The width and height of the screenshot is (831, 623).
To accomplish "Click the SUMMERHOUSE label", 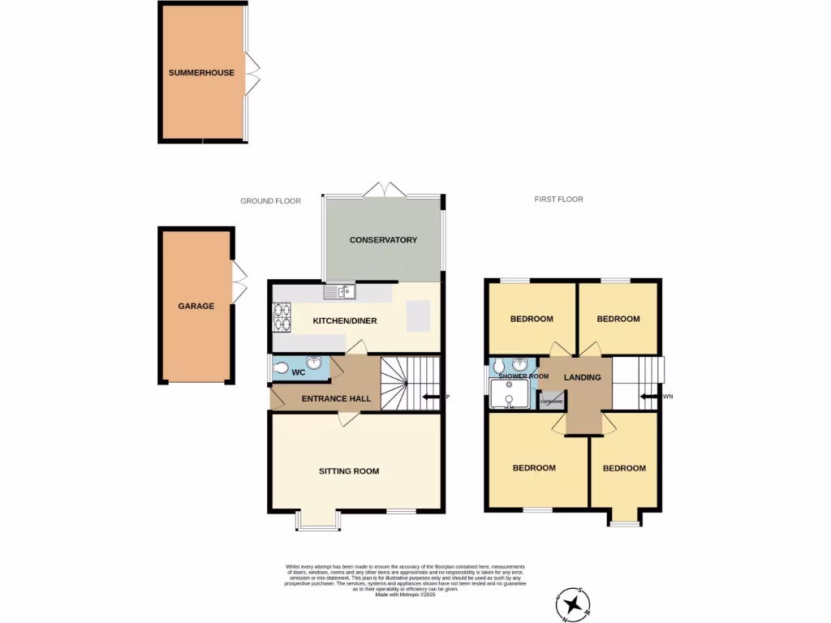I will click(x=201, y=73).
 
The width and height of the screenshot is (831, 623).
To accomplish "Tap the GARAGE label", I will click(x=196, y=307).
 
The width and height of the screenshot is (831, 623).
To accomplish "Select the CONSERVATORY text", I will click(x=383, y=240).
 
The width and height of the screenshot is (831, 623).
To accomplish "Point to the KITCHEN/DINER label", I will click(x=345, y=321).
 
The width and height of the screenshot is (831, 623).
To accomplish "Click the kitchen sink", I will click(x=339, y=290).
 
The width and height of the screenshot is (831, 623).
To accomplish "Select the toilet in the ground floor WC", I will click(x=282, y=369).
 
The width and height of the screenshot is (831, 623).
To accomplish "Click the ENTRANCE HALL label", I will click(x=336, y=399).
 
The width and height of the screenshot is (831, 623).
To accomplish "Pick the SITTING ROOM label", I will click(x=348, y=471).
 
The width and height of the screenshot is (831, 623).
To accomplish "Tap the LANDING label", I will click(x=583, y=378).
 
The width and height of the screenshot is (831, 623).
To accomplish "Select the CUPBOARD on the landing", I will click(x=552, y=402).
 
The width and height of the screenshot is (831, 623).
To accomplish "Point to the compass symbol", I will click(x=575, y=604).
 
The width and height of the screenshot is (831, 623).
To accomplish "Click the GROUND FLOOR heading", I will click(x=270, y=201).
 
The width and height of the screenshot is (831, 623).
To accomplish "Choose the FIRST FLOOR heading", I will click(x=558, y=200).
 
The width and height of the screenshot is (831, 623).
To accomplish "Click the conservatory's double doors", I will click(x=384, y=189).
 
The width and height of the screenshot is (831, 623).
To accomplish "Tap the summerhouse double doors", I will click(x=254, y=73).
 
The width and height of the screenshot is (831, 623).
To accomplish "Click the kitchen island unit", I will click(x=419, y=316).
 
